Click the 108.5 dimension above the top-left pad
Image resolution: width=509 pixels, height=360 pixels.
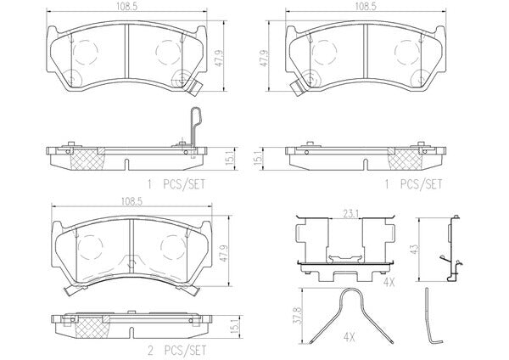coord(127,7)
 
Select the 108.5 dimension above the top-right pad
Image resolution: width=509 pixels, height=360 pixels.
coord(366,7)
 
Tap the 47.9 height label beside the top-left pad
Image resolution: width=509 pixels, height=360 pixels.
coord(220,58)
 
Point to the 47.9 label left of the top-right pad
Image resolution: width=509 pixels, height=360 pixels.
coord(265,58)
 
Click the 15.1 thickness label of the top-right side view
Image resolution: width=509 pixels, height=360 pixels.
coord(260,160)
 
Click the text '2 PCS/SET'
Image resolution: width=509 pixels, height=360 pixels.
coord(177,351)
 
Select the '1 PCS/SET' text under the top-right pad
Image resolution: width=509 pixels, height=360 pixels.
coord(413,184)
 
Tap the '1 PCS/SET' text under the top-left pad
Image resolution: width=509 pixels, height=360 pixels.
coord(176,184)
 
